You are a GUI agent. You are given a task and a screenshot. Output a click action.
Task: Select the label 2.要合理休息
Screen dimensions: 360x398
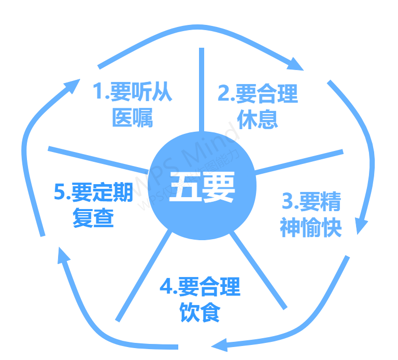point(258,106)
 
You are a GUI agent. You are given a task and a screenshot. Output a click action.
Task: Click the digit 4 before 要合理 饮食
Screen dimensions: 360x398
point(165,287)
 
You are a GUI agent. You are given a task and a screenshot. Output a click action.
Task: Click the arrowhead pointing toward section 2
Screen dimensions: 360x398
point(296,64)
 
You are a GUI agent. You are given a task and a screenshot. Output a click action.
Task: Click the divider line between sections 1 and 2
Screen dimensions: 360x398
point(201,88)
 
